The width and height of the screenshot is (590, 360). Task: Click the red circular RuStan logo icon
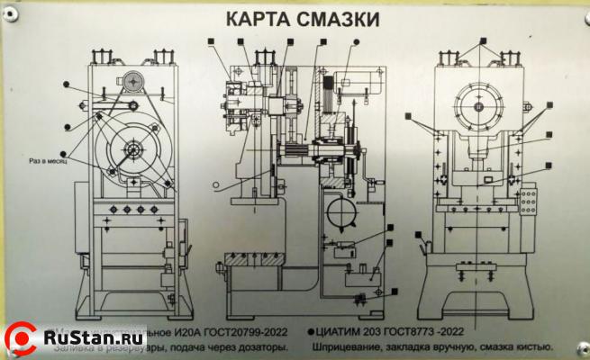[22, 338]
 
